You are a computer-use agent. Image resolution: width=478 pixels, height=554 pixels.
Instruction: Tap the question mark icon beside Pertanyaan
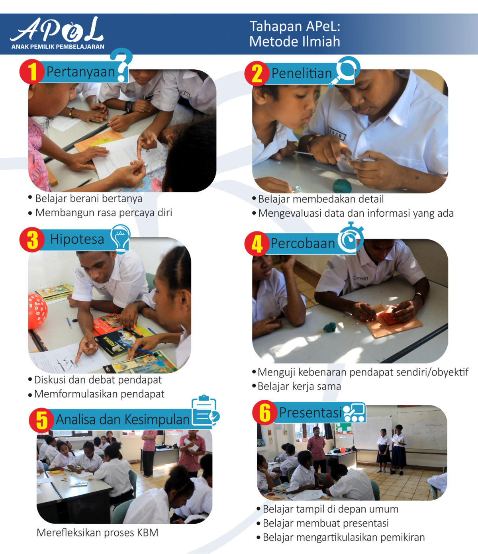(x=121, y=64)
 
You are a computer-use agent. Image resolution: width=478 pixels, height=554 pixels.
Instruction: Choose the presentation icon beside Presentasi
(x=354, y=413)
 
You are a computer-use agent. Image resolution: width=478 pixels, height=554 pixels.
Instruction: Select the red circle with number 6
(x=264, y=413)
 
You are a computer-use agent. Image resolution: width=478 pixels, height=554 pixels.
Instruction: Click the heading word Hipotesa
(x=77, y=239)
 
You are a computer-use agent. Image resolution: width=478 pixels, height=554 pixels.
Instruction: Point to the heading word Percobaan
(x=303, y=243)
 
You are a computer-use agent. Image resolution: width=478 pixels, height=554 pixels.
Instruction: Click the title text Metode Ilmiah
(x=295, y=41)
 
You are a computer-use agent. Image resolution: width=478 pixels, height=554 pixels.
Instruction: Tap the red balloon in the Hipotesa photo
(x=37, y=310)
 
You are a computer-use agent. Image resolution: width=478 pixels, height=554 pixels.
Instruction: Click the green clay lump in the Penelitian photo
(x=342, y=186)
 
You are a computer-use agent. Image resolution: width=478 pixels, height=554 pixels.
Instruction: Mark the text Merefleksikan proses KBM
(x=97, y=532)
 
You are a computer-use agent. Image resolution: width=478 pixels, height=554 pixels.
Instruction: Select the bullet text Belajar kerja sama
(x=299, y=386)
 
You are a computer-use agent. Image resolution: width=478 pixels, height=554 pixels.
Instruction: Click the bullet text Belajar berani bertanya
(x=88, y=198)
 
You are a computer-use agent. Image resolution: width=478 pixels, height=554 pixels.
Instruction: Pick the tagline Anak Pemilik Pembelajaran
(x=58, y=47)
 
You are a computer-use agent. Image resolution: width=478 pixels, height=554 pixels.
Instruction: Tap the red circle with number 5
(x=41, y=420)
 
